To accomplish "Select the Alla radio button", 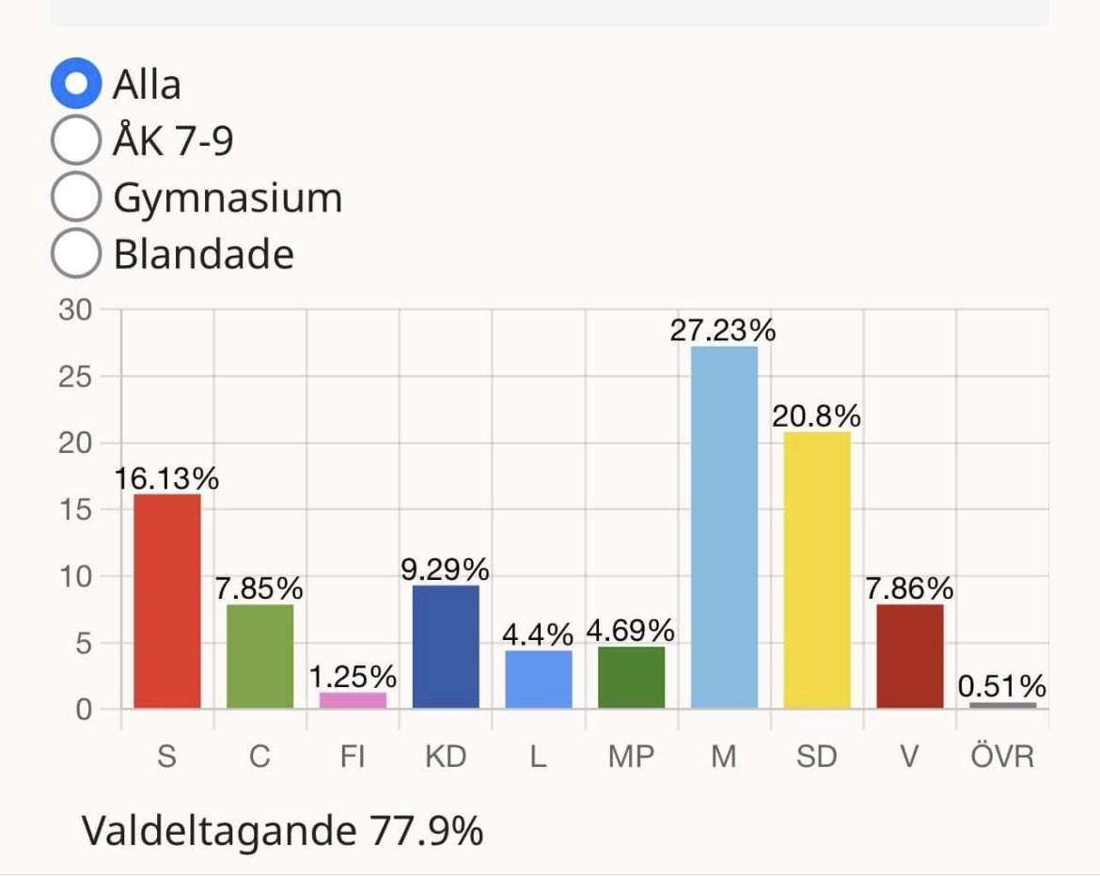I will [75, 85].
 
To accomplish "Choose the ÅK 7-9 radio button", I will [75, 141].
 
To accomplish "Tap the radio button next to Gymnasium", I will [75, 197].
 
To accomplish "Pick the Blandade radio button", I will [75, 254].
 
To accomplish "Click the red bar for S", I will [167, 602].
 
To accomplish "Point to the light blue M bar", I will [724, 526].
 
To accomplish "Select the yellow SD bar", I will [817, 570].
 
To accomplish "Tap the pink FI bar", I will [353, 700].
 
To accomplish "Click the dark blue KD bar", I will [446, 647].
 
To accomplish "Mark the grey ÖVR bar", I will [1002, 705].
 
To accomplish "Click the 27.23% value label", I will [723, 331].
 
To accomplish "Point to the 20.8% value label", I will [816, 416].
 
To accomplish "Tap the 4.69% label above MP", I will [630, 631].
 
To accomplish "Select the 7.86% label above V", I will [909, 589].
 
